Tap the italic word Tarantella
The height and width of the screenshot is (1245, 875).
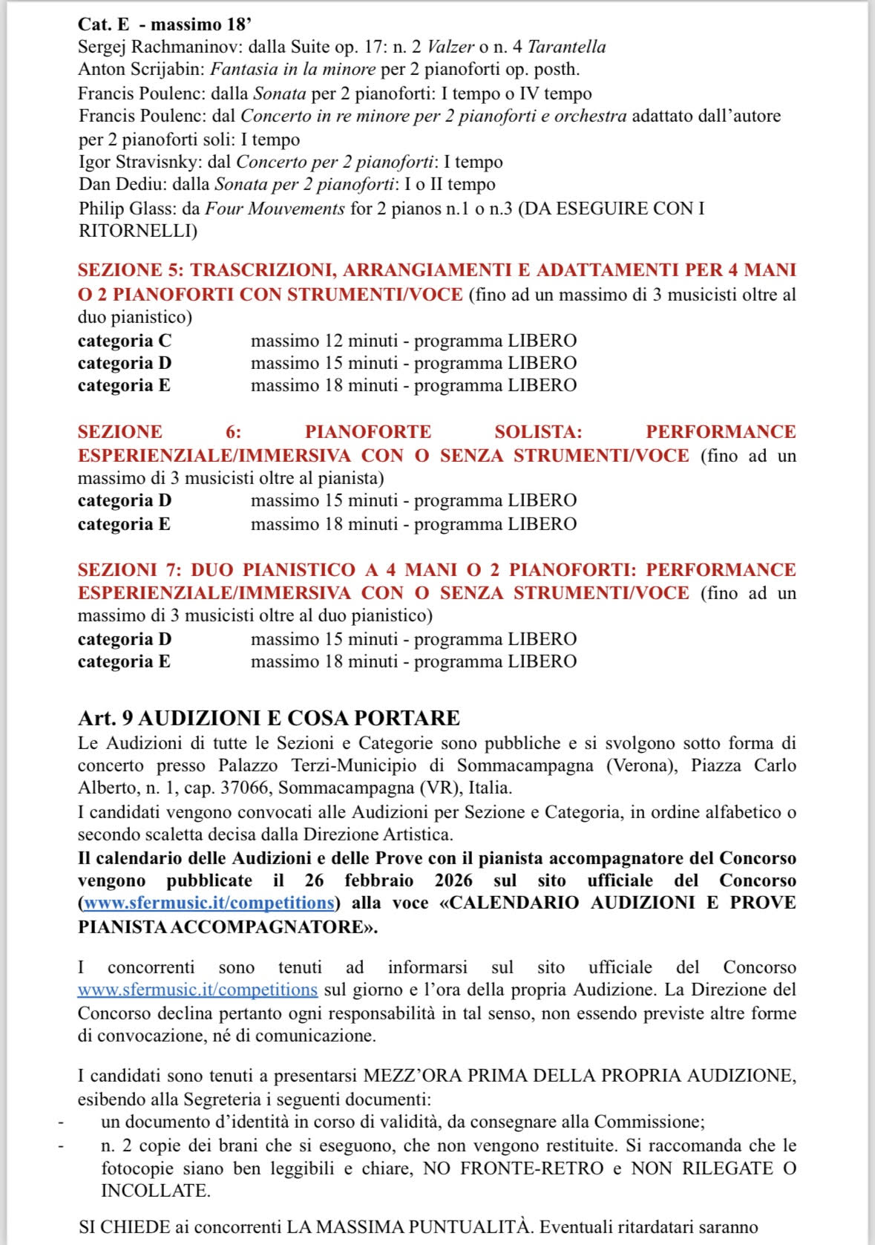(x=566, y=47)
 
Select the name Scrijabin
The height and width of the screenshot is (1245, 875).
(x=168, y=70)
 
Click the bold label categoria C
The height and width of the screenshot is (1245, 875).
(x=124, y=341)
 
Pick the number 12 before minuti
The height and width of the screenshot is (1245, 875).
(x=332, y=341)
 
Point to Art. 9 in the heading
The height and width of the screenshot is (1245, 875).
(x=105, y=718)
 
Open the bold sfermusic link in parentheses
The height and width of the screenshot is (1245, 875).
(x=209, y=903)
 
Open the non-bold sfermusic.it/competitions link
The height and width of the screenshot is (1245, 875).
(x=197, y=990)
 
